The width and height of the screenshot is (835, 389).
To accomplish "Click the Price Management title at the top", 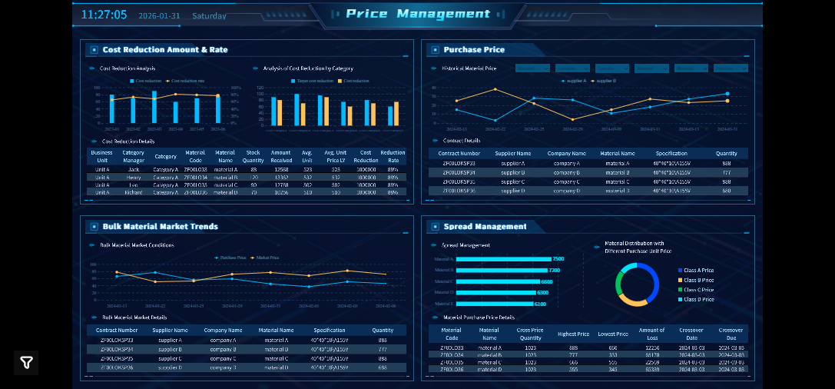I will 417,14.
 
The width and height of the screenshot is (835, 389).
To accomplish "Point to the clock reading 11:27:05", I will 104,15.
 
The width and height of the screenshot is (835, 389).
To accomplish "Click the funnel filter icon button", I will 26,363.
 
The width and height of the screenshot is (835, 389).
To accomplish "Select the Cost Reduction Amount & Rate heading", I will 164,50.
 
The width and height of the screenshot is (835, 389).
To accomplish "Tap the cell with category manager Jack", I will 134,169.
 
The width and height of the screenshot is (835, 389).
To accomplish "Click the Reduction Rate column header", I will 393,156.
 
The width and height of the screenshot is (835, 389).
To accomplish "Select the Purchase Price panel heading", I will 473,50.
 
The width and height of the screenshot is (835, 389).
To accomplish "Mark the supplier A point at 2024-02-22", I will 495,120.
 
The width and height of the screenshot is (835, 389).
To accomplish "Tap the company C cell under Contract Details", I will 566,181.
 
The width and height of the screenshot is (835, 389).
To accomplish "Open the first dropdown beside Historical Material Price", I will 532,68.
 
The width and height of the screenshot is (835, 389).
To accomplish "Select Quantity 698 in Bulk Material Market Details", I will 383,367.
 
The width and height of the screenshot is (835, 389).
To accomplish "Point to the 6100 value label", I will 541,304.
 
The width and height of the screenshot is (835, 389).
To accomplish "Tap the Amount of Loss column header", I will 651,334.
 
